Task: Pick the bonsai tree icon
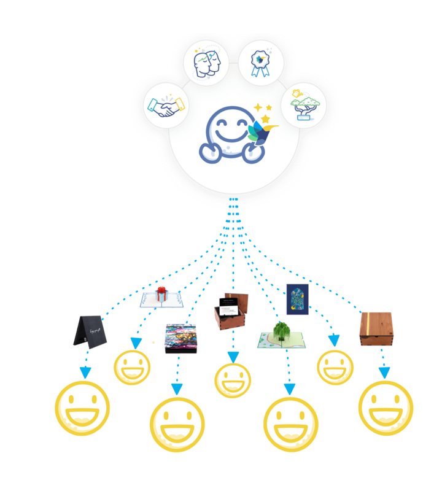coord(304,105)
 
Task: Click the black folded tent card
coord(90,332)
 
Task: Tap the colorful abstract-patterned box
coord(180,338)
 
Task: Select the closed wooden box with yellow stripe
coord(376,329)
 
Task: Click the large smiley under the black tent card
coord(83,408)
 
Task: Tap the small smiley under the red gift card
coord(132,367)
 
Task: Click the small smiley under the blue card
coord(335,367)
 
